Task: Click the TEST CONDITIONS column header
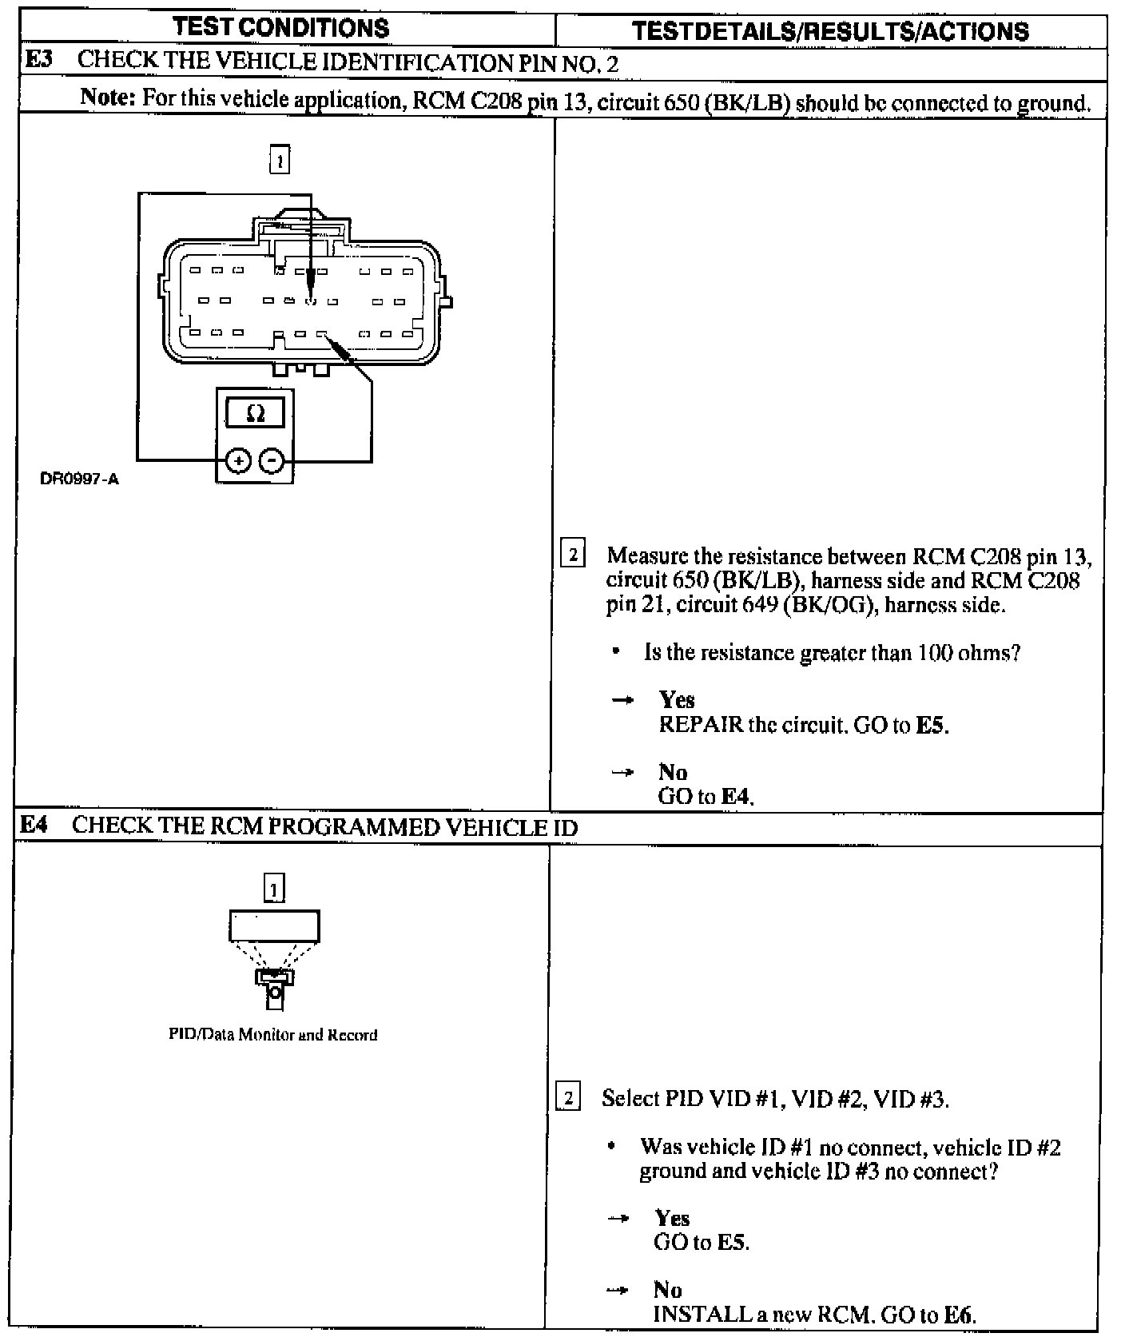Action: point(281,28)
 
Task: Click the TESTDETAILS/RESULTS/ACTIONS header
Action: point(830,31)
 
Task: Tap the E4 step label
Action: point(34,825)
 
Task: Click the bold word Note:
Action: point(108,98)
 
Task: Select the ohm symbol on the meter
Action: point(256,413)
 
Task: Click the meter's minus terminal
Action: point(272,460)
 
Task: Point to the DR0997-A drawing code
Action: point(79,479)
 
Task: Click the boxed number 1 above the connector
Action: point(280,160)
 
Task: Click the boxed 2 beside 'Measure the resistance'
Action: point(573,554)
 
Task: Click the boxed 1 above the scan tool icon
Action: point(274,888)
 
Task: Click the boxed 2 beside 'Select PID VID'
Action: point(567,1097)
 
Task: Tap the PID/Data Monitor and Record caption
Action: point(272,1035)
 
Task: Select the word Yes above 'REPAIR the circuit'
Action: point(677,700)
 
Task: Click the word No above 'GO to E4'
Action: point(673,772)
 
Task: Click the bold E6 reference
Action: point(958,1315)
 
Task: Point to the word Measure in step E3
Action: point(646,556)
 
